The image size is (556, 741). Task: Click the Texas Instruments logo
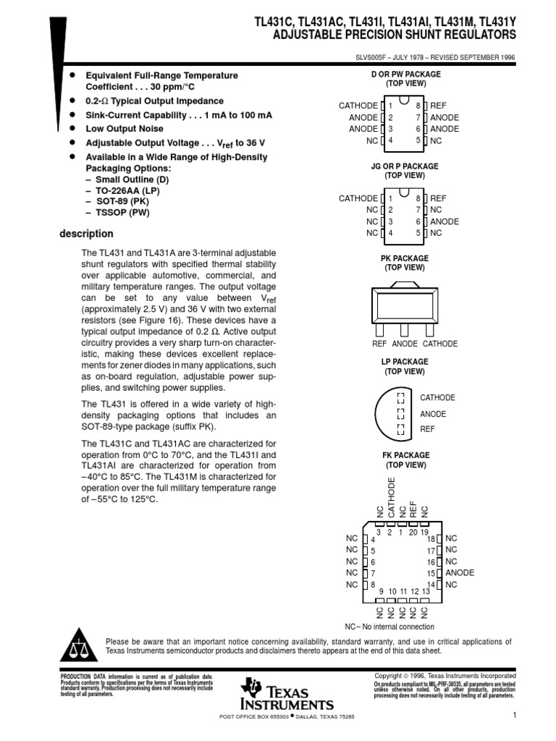(288, 694)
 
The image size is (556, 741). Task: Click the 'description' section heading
(85, 234)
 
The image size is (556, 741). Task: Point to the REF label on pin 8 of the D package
(439, 106)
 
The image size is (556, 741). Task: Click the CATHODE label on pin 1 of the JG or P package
(358, 198)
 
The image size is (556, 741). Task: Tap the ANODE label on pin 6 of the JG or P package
(445, 221)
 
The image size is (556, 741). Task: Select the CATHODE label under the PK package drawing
(440, 344)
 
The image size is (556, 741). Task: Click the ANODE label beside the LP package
(433, 414)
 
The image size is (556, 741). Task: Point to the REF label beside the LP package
(428, 429)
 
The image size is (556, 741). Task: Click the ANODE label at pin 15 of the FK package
(460, 572)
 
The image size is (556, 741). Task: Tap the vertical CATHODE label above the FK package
(392, 497)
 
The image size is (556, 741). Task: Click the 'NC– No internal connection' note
(389, 627)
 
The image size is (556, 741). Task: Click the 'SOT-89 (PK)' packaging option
(127, 202)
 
